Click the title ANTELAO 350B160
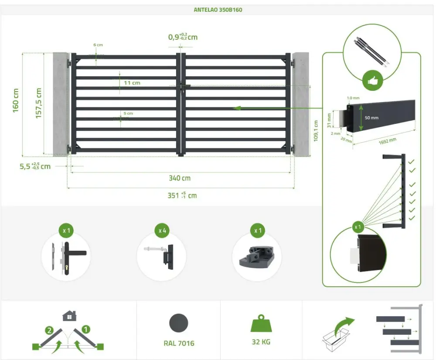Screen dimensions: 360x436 [218, 10]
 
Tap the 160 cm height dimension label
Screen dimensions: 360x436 [16, 100]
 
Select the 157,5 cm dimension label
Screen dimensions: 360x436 [38, 103]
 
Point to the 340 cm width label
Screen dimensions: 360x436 [180, 178]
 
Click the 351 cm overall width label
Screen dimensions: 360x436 [182, 195]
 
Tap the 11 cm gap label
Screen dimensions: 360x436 [132, 82]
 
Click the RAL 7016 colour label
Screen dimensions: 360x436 [179, 343]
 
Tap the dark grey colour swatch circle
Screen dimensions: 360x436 [179, 323]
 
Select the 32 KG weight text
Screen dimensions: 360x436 [261, 342]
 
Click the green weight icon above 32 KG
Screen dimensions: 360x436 [261, 324]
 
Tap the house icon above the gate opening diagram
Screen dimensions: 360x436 [69, 315]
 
